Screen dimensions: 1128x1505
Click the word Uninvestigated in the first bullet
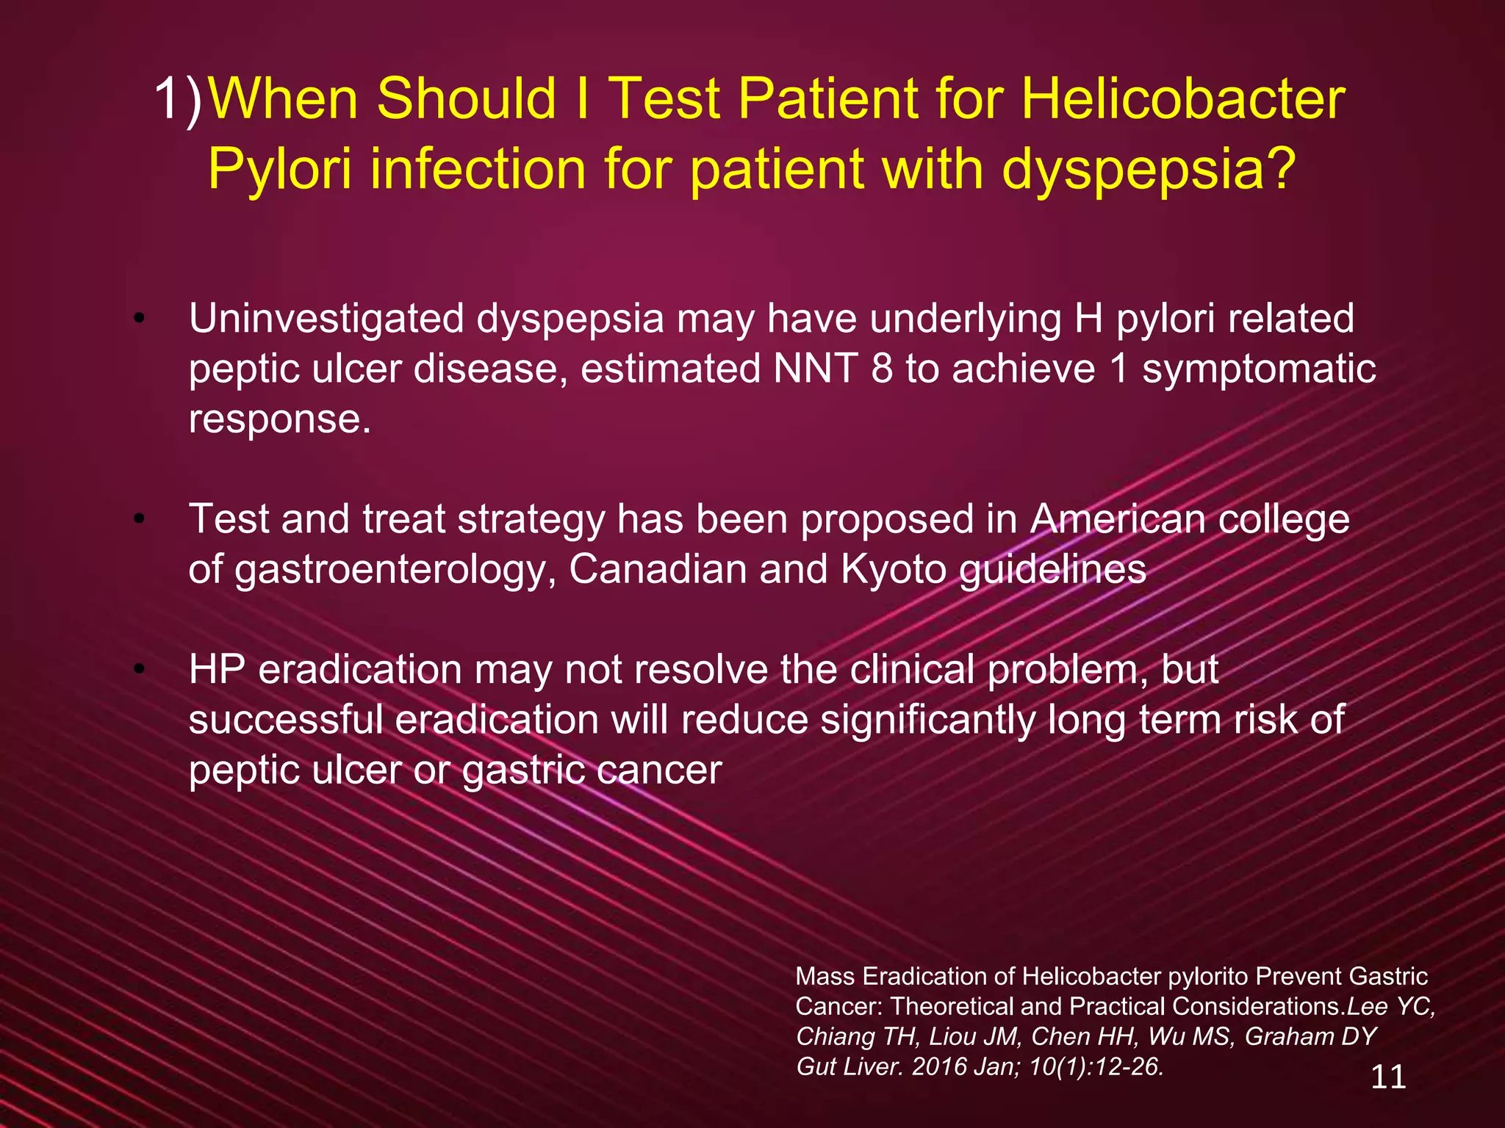[326, 319]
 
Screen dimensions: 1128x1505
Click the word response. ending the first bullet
[280, 419]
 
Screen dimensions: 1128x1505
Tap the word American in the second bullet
[1117, 519]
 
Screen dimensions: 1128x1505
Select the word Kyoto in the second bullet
[893, 569]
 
